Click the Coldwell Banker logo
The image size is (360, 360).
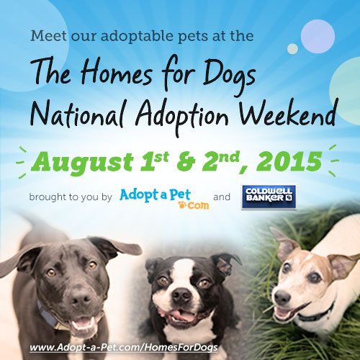269,197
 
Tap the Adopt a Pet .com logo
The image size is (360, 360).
164,199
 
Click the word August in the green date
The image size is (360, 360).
82,163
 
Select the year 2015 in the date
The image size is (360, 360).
289,161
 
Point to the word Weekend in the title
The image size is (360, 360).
289,114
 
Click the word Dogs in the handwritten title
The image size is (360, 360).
229,75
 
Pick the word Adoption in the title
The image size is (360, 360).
181,117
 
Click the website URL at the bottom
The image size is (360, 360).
124,347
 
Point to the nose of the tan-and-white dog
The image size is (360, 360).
282,298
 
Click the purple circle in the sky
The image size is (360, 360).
318,37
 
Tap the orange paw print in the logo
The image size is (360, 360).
182,204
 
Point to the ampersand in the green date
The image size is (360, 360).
186,161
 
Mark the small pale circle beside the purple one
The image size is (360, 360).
292,49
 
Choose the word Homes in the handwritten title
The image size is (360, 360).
117,73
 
